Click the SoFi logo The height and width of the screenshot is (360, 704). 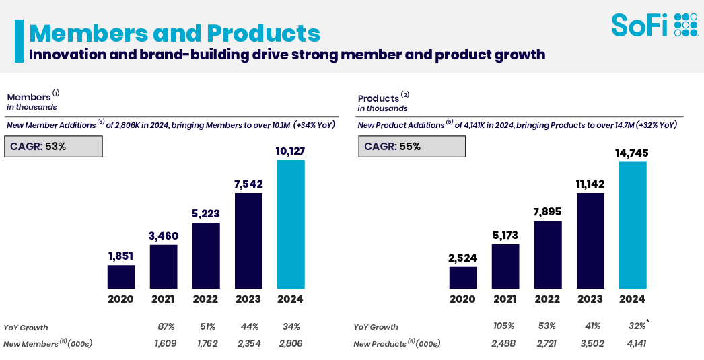click(x=654, y=25)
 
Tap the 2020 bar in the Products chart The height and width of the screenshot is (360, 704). click(x=462, y=278)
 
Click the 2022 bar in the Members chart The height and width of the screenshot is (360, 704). click(x=206, y=256)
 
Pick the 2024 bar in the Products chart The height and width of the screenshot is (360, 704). click(x=633, y=225)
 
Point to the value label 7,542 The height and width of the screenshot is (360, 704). click(x=248, y=184)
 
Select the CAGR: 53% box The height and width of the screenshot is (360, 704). click(x=55, y=146)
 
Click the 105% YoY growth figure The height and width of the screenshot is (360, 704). click(x=505, y=326)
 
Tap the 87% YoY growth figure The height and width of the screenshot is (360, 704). click(x=165, y=326)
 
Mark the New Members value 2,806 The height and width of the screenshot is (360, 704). click(x=291, y=343)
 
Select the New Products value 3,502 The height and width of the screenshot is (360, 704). click(x=590, y=343)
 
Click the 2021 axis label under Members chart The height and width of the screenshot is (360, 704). click(x=164, y=299)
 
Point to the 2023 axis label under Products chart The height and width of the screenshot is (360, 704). click(x=590, y=299)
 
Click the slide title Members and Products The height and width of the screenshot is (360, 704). click(x=174, y=33)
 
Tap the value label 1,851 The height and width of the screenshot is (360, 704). click(x=121, y=256)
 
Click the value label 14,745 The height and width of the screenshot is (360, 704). click(x=633, y=153)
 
